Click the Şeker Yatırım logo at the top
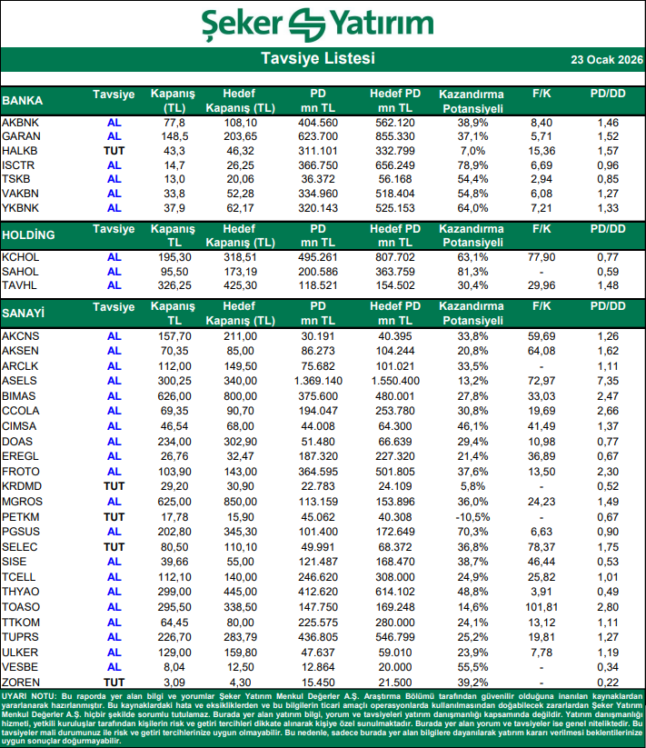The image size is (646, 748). click(323, 24)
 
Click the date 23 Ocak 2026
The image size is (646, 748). click(606, 61)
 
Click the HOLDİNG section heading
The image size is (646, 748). click(28, 234)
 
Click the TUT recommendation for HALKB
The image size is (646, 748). click(114, 150)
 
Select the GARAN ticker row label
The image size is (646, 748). click(20, 135)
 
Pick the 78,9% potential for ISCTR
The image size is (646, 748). click(471, 165)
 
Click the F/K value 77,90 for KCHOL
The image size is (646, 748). click(542, 257)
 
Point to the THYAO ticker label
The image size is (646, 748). click(21, 591)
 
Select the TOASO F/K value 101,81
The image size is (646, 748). click(542, 605)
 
